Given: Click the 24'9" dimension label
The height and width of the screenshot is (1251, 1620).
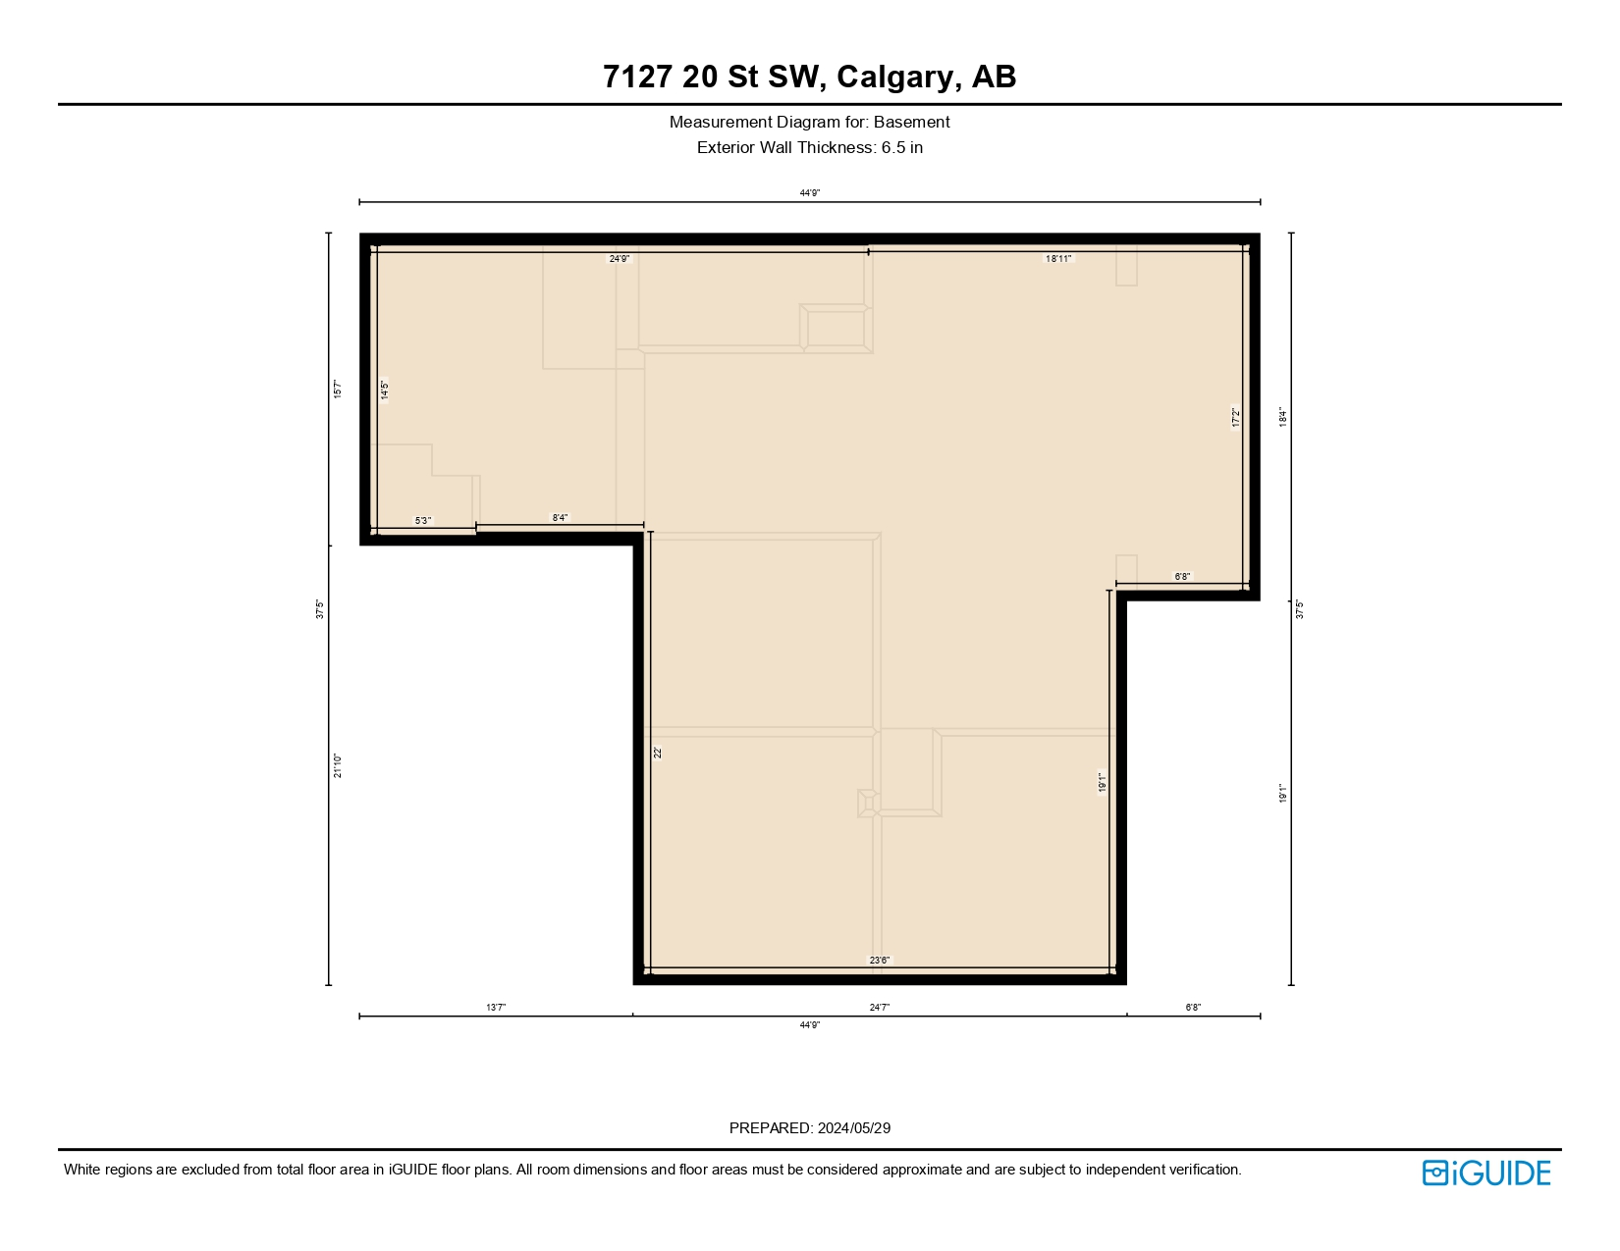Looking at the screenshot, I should tap(620, 259).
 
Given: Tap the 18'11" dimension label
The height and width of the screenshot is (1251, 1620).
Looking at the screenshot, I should tap(1058, 259).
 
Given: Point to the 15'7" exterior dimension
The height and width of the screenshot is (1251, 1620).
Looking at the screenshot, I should tap(338, 390).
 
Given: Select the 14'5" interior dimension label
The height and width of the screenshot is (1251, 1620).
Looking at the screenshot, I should tap(385, 390).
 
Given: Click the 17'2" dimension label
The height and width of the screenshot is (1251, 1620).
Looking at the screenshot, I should tap(1236, 418).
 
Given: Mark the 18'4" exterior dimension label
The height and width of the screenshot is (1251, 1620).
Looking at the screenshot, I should tap(1282, 418).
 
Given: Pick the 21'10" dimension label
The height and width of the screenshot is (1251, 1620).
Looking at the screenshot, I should tap(338, 765).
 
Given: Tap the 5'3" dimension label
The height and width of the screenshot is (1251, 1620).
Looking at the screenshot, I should tap(422, 521).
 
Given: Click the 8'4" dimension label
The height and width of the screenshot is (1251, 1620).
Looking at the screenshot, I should tap(560, 518).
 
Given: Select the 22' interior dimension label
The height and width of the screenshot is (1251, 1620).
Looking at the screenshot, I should tap(659, 753).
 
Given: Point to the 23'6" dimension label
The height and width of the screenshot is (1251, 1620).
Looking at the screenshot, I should tap(880, 961).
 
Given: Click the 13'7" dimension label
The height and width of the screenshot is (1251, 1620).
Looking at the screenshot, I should tap(496, 1008).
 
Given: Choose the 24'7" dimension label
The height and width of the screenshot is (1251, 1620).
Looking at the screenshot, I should tap(880, 1008).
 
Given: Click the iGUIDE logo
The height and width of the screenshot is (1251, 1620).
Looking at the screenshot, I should tap(1485, 1173).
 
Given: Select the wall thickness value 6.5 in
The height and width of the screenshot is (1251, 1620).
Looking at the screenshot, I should tap(901, 148).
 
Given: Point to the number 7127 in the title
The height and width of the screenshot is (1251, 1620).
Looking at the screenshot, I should tap(638, 77).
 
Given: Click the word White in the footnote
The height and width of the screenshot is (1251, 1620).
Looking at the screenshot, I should tap(82, 1170).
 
